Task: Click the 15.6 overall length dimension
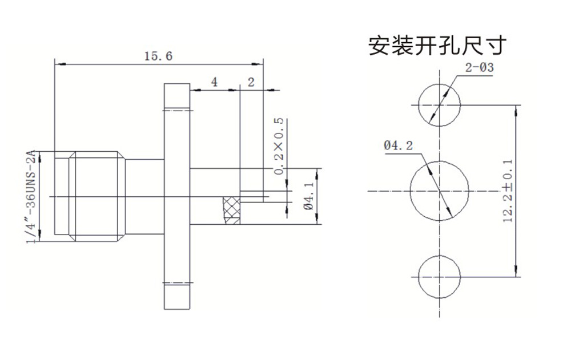click(x=158, y=56)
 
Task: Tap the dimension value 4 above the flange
click(x=215, y=82)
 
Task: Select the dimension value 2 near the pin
click(x=251, y=82)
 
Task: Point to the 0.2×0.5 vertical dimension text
click(x=279, y=147)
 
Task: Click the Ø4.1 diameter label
click(x=309, y=197)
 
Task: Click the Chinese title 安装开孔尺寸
click(x=437, y=46)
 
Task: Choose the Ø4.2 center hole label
click(x=399, y=146)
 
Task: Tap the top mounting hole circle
click(x=439, y=106)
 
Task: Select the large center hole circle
click(x=439, y=190)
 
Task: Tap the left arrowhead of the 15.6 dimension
click(x=58, y=63)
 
